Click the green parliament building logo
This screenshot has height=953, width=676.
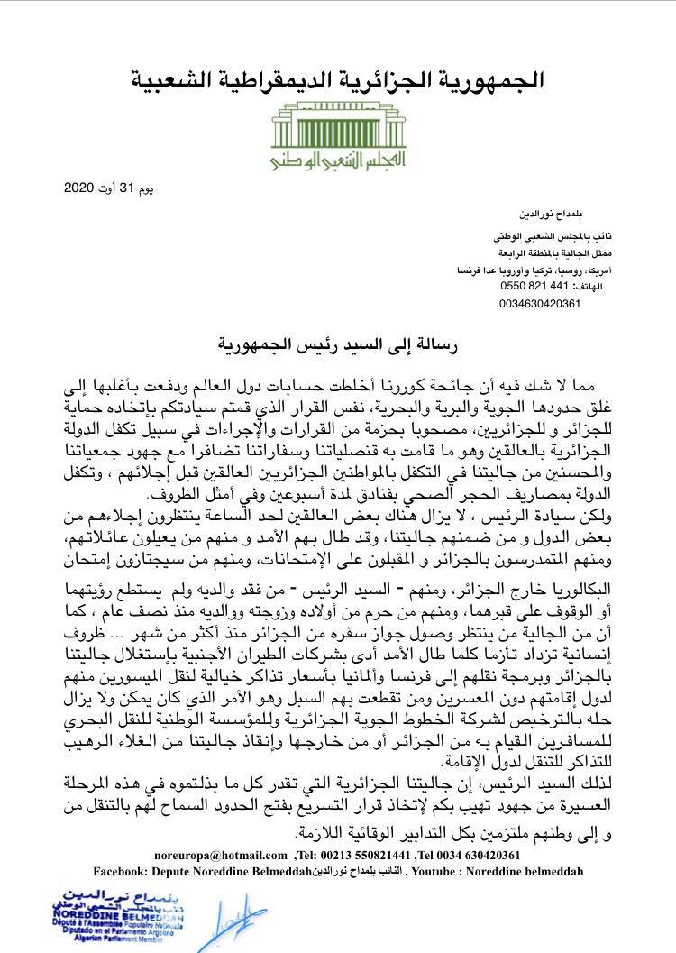point(337,124)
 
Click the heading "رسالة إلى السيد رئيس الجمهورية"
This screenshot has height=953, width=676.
point(337,344)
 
